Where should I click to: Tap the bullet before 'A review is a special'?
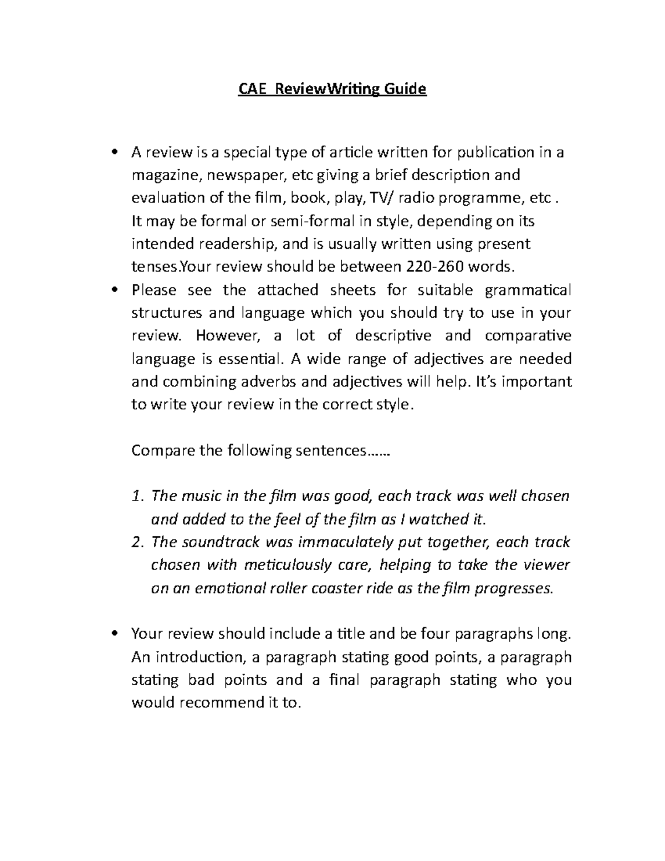tap(115, 152)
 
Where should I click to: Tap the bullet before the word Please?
tap(115, 290)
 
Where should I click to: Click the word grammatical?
tap(528, 290)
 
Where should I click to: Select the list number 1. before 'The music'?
tap(138, 496)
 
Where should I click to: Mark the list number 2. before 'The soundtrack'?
tap(138, 542)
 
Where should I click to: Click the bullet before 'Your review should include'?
tap(115, 634)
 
